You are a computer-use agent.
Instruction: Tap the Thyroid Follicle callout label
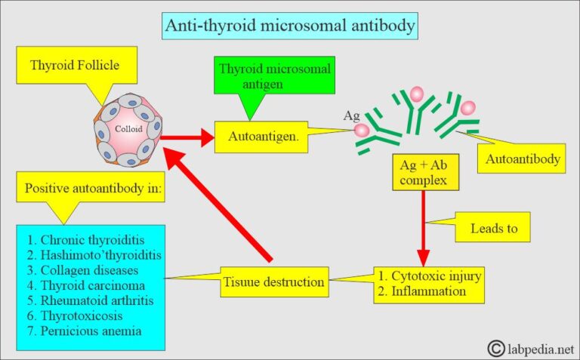(74, 65)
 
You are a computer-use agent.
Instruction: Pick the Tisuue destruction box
(274, 283)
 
